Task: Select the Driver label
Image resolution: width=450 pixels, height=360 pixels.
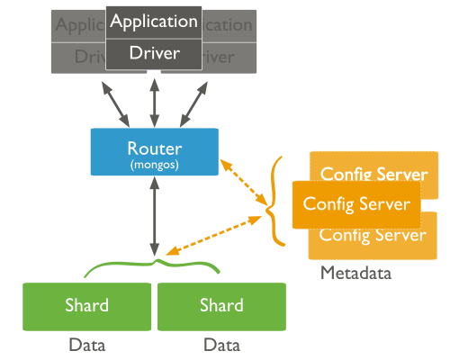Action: pyautogui.click(x=153, y=54)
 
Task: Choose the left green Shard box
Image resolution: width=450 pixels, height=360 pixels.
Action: pyautogui.click(x=87, y=305)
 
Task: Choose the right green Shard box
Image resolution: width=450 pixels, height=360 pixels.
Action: pyautogui.click(x=221, y=305)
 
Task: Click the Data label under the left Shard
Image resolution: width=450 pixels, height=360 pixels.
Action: pyautogui.click(x=87, y=344)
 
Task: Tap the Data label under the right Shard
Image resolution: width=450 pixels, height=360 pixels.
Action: pyautogui.click(x=221, y=344)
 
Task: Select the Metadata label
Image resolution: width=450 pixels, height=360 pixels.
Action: pyautogui.click(x=356, y=273)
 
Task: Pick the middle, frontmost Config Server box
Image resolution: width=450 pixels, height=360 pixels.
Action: pyautogui.click(x=356, y=204)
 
